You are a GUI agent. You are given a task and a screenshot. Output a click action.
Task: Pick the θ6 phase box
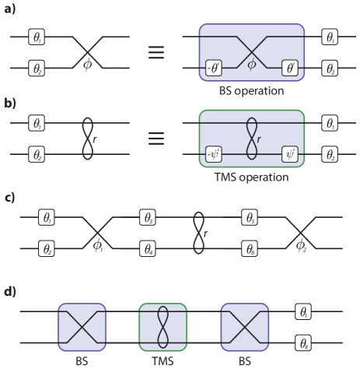250,250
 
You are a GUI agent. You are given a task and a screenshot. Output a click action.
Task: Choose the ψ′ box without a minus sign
291,153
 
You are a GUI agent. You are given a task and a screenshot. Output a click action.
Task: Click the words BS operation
252,91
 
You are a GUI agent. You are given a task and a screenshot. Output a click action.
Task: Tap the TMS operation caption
252,177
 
